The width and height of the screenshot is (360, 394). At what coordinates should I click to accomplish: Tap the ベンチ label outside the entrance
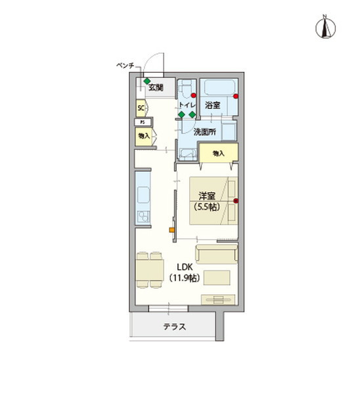(125, 66)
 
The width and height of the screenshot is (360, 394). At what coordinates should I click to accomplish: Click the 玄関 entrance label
(155, 87)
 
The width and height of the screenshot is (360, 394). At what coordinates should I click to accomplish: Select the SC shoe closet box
(141, 108)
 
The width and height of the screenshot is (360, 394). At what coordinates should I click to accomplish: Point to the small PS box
(141, 122)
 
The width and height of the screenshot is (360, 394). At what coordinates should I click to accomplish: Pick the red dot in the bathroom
(236, 97)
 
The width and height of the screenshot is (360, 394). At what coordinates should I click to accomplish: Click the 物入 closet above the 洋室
(218, 153)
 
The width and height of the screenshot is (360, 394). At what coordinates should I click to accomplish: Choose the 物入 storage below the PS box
(143, 136)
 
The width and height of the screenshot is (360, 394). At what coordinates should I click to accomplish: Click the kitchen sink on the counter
(143, 195)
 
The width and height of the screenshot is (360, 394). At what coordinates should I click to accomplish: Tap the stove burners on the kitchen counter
(141, 217)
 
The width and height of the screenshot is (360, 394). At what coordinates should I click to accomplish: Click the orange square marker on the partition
(172, 230)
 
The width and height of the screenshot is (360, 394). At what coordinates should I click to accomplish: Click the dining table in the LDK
(148, 269)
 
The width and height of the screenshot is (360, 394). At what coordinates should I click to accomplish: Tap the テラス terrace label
(174, 326)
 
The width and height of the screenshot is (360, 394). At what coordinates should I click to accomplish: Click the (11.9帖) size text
(185, 278)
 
